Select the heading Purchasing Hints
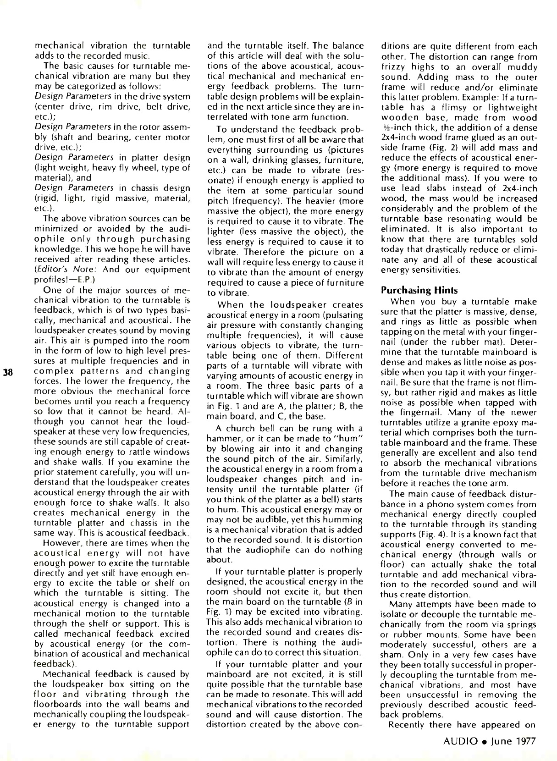[x=419, y=290]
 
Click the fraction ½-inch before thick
[x=396, y=128]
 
